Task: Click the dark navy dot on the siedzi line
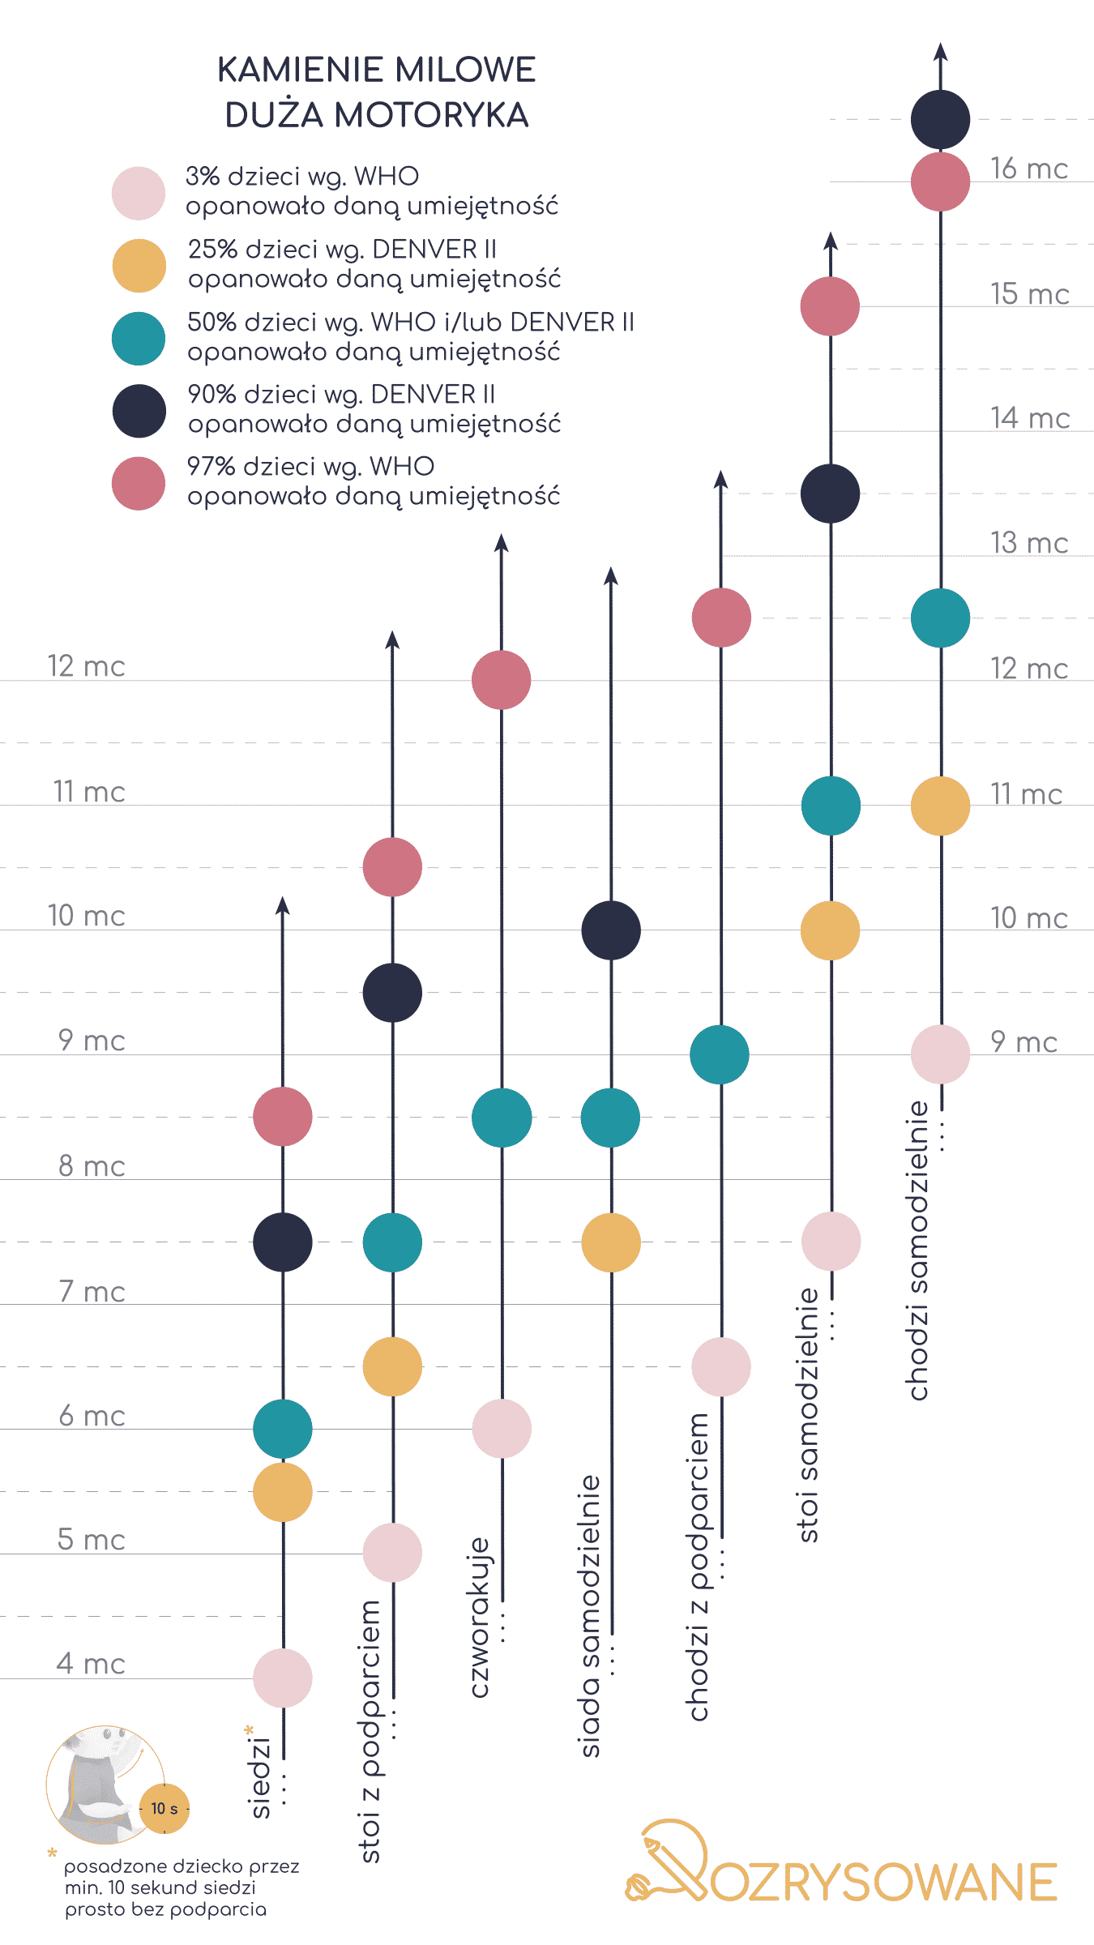pos(282,1242)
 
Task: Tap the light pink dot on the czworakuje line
pos(502,1428)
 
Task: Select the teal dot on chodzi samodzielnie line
pos(940,618)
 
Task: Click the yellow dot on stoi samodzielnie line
pos(830,930)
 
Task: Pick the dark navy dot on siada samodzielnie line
pos(611,930)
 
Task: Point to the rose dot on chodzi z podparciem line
pos(721,618)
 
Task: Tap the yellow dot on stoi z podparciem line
pos(392,1366)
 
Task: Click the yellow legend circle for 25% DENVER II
pos(139,266)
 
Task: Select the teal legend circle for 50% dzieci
pos(139,338)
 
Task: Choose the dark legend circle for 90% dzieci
pos(139,411)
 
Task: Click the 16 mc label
pos(1029,169)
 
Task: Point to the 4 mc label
pos(91,1664)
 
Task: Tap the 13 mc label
pos(1029,543)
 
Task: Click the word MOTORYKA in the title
pos(431,115)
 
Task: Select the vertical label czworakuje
pos(480,1617)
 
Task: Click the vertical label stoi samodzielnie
pos(809,1414)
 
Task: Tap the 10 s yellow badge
pos(165,1808)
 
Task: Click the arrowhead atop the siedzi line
pos(282,905)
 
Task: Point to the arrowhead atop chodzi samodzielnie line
pos(940,52)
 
